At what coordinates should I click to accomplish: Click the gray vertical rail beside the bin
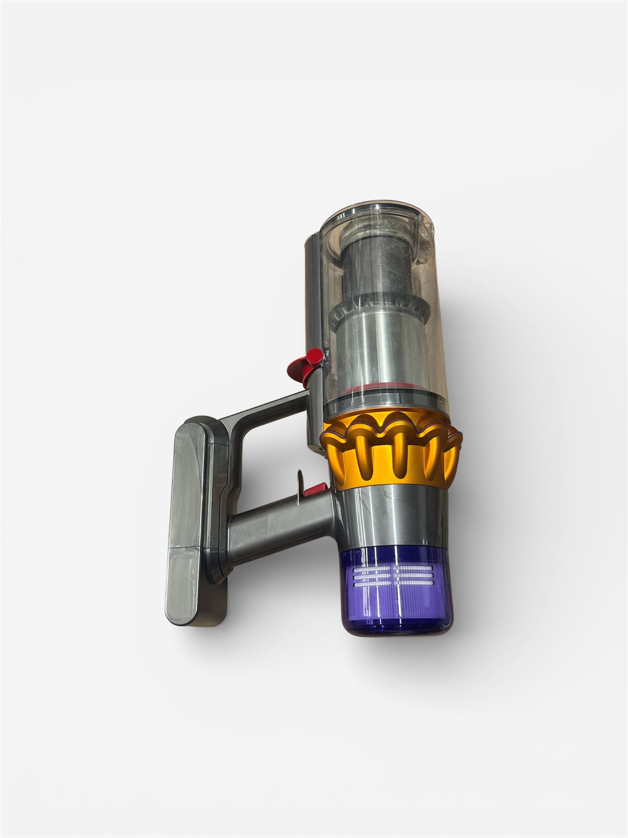[x=313, y=291]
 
